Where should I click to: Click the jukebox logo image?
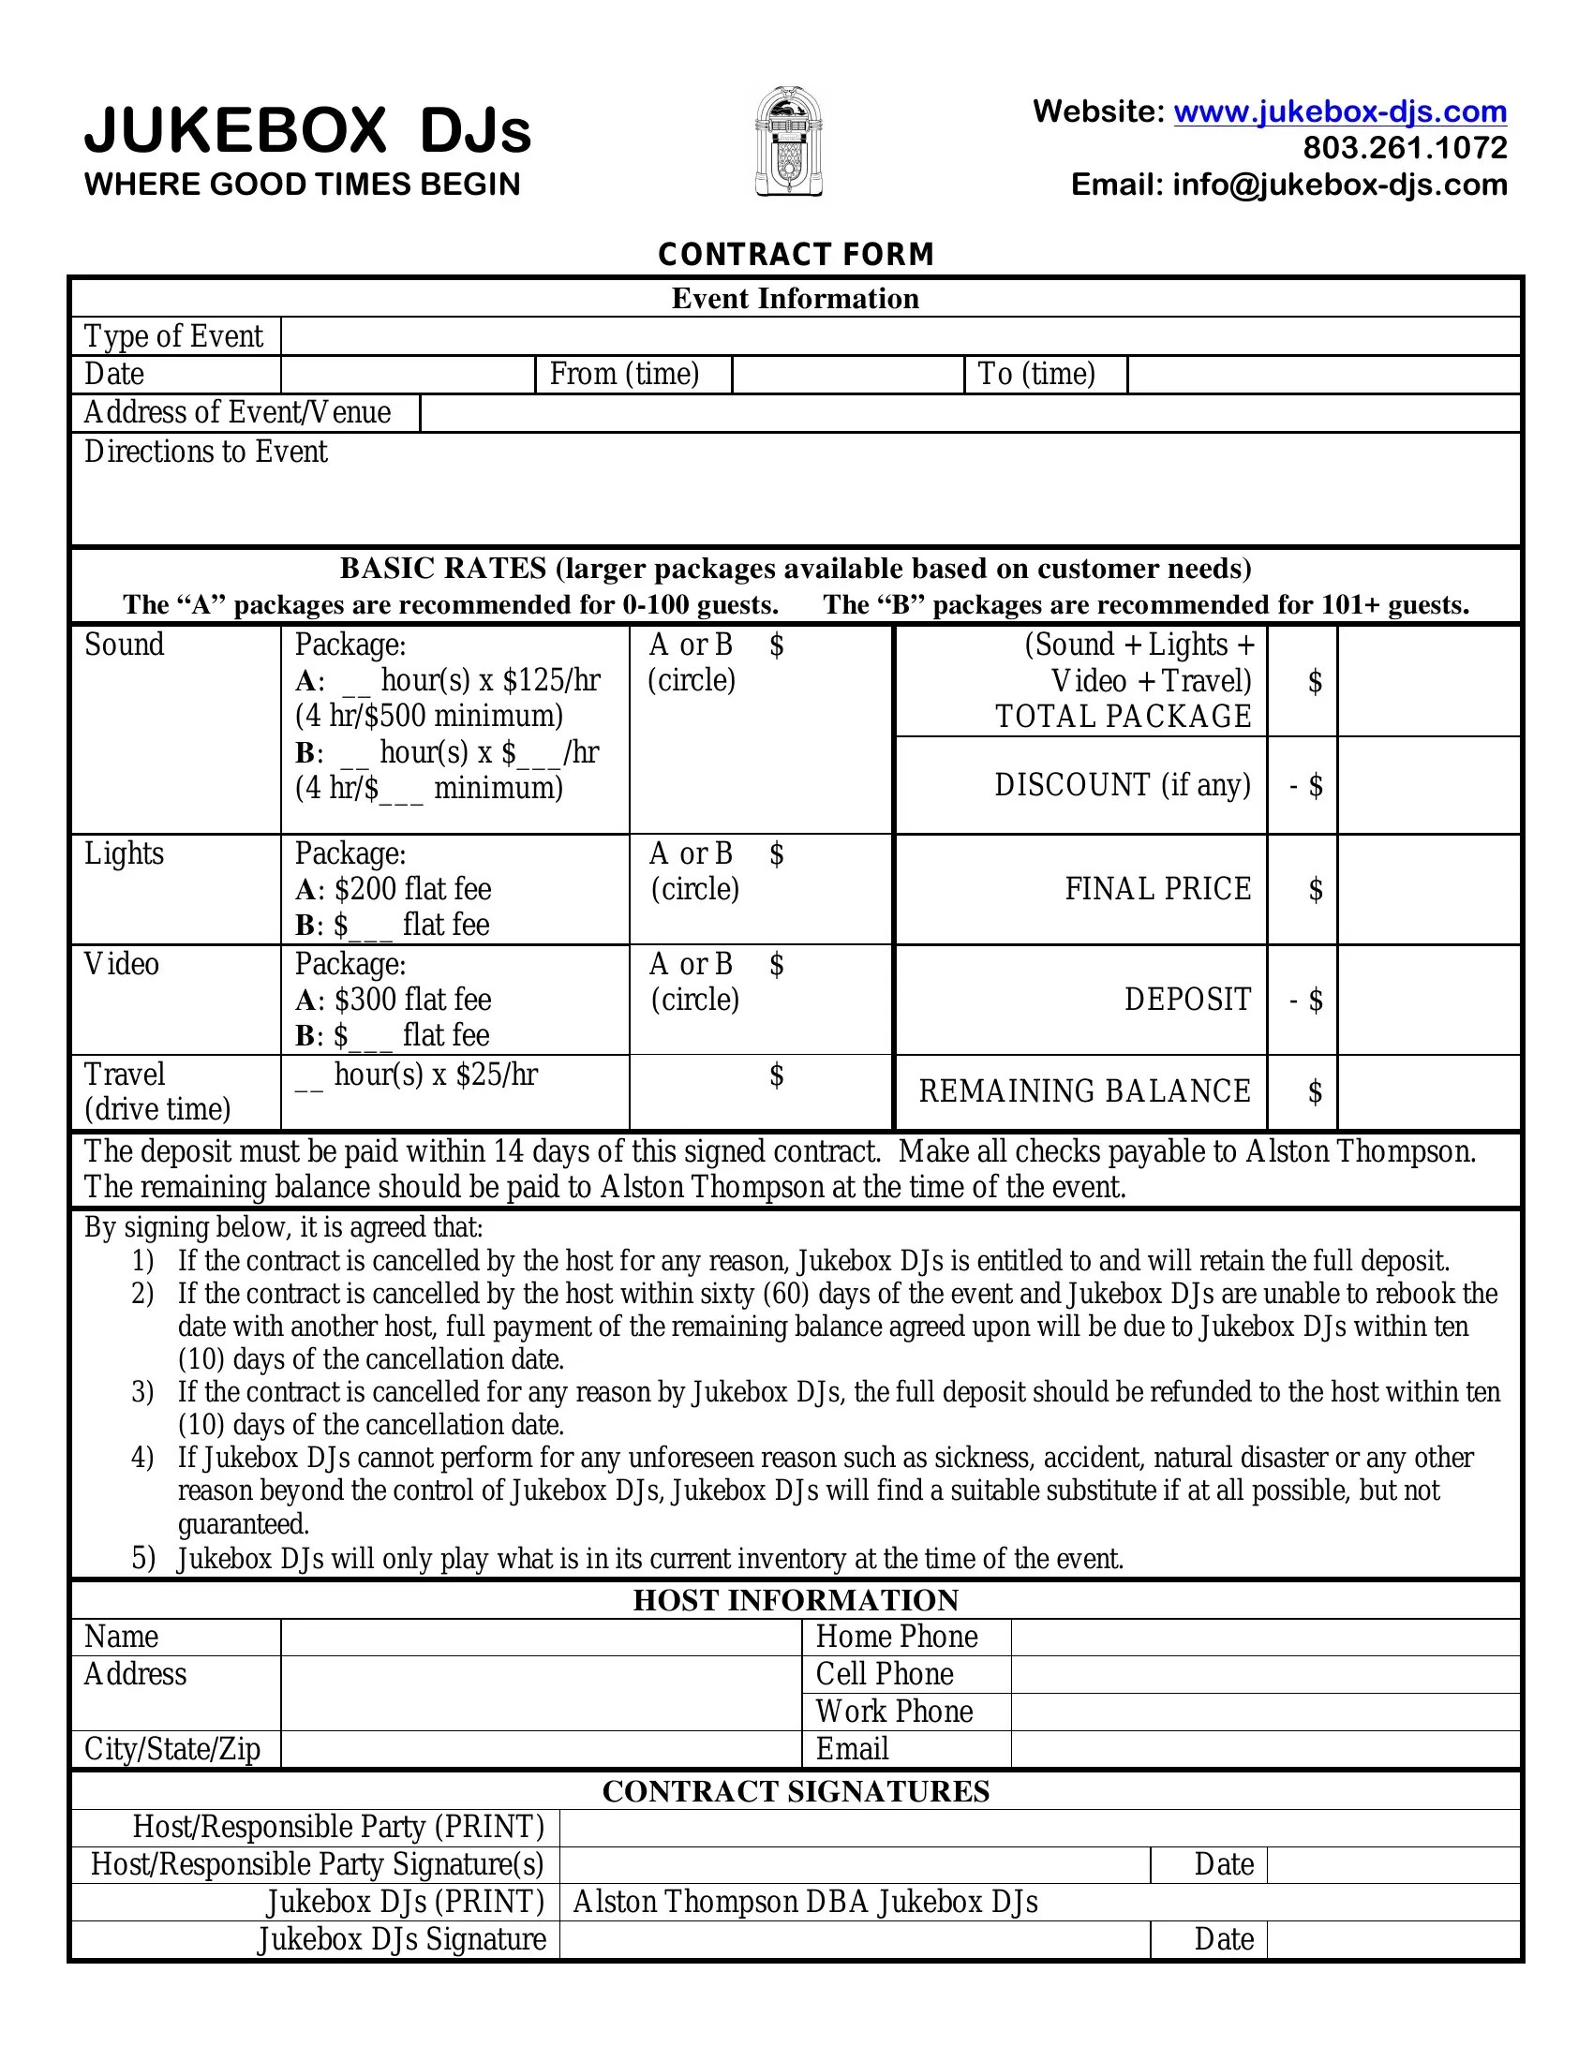click(x=789, y=141)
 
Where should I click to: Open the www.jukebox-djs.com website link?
click(x=1339, y=111)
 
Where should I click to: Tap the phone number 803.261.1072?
click(x=1405, y=147)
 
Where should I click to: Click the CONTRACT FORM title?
click(x=796, y=254)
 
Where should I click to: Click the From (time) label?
click(x=624, y=374)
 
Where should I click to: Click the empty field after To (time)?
click(x=1323, y=375)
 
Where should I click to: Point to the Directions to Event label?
click(x=206, y=452)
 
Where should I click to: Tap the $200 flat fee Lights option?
click(x=411, y=889)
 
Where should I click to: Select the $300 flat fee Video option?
click(x=411, y=1000)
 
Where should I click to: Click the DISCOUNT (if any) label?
click(x=1122, y=785)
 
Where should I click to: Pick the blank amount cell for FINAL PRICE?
click(x=1428, y=889)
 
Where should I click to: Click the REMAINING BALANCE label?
click(x=1084, y=1090)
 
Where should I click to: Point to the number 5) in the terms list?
click(x=142, y=1558)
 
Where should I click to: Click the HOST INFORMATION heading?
click(x=796, y=1600)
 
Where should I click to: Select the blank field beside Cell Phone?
click(x=1265, y=1674)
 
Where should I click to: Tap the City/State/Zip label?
click(x=171, y=1749)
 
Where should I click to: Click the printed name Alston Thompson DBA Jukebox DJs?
click(x=805, y=1902)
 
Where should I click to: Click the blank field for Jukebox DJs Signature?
click(x=854, y=1939)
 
